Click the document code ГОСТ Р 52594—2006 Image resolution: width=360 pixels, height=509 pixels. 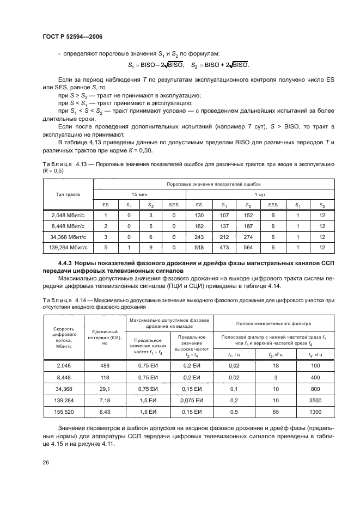pos(72,36)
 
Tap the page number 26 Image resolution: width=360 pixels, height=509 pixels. pos(45,463)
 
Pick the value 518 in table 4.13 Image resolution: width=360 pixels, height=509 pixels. pos(199,247)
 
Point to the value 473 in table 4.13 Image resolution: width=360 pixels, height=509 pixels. pos(223,247)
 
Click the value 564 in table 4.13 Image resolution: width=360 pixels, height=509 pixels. pos(248,247)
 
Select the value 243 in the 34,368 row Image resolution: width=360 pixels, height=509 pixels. pos(199,237)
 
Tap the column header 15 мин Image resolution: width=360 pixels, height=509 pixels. pos(139,194)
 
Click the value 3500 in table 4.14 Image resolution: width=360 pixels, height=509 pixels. pos(315,400)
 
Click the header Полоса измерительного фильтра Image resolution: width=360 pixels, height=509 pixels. pos(266,322)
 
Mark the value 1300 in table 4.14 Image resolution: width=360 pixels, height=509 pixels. pos(315,410)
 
